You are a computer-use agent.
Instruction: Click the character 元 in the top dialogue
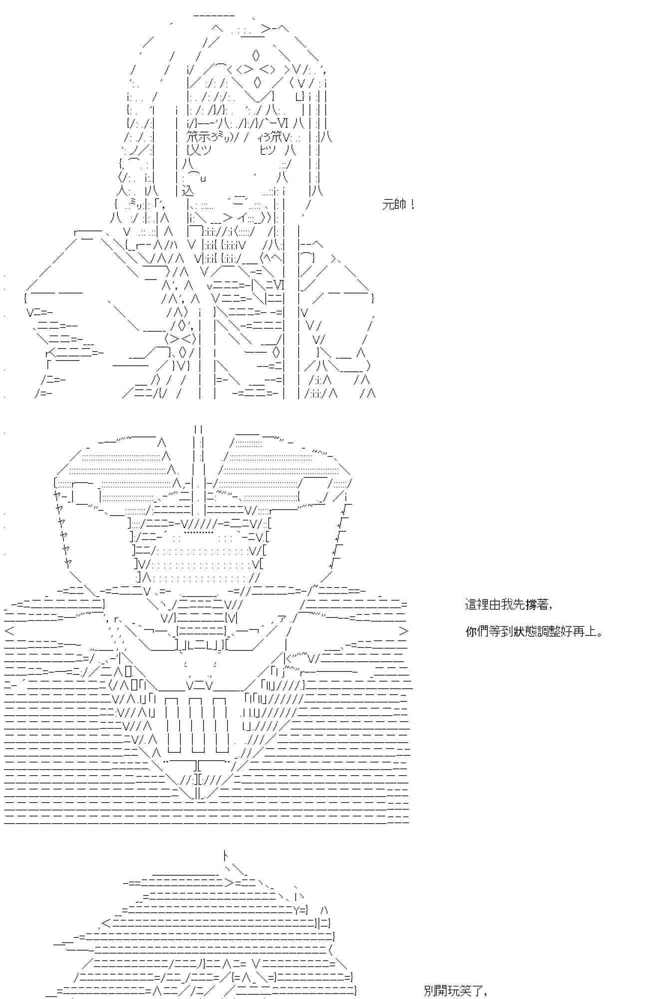coord(388,205)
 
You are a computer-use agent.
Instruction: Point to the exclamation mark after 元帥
coord(412,205)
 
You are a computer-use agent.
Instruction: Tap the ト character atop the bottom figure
coord(225,856)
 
